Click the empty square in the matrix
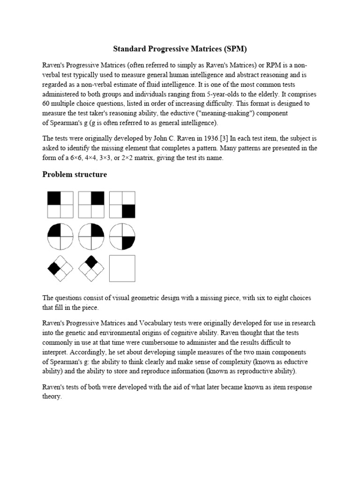(x=122, y=268)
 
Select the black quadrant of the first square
(x=54, y=198)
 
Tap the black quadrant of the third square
(x=128, y=211)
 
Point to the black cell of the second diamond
(x=91, y=261)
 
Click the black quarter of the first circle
(x=54, y=230)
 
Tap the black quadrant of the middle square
(x=97, y=198)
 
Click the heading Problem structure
(x=75, y=175)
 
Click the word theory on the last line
(x=52, y=396)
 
